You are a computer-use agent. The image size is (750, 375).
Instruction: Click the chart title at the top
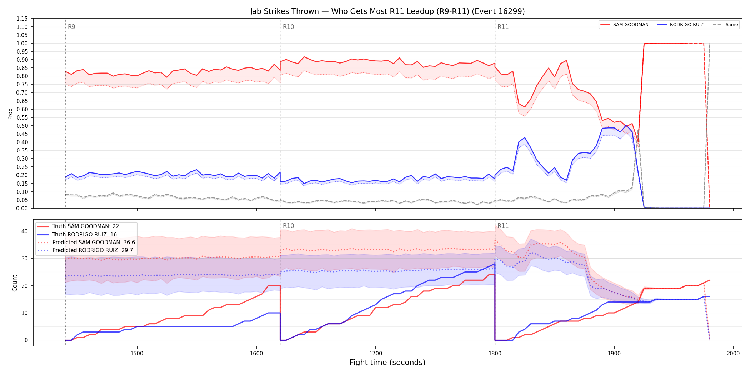pos(387,11)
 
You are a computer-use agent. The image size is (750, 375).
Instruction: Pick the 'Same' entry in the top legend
pos(725,25)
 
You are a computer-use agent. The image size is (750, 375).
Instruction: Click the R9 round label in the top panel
pos(71,27)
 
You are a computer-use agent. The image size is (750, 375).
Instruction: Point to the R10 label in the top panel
pos(288,27)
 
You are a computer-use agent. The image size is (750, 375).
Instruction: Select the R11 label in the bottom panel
pos(503,226)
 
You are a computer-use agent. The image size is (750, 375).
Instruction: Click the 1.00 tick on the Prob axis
pos(22,43)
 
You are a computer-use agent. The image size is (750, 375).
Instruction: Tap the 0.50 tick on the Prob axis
pos(22,126)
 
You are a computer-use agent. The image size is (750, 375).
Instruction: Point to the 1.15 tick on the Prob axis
pos(22,19)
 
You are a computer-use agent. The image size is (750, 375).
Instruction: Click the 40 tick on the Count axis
pos(24,231)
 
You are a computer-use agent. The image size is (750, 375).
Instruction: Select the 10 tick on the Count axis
pos(24,313)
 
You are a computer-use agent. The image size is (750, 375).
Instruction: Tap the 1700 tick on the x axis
pos(375,353)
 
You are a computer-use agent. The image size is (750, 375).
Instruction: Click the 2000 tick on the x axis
pos(733,353)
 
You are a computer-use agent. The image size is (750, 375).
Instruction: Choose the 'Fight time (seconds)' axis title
pos(387,362)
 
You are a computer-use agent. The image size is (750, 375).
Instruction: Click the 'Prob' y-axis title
pos(10,114)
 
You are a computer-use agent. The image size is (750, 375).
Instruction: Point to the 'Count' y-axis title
pos(15,283)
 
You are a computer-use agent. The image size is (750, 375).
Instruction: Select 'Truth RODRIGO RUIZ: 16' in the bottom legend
pos(85,234)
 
